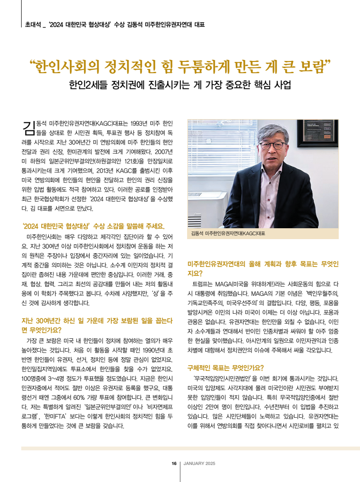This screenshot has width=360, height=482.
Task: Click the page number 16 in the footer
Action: coord(174,463)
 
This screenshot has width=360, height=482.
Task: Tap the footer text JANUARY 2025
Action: coord(199,463)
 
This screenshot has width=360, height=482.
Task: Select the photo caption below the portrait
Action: coord(228,234)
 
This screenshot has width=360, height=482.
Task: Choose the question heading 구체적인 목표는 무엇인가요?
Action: coord(226,367)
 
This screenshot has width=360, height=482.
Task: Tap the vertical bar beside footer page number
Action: coord(180,463)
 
